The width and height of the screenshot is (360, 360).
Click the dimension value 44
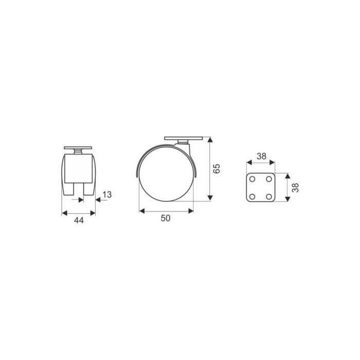79,221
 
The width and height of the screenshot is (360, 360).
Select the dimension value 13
107,195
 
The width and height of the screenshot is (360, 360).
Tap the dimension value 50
166,219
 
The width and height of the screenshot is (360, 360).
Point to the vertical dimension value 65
217,169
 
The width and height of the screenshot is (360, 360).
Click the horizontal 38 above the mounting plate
261,156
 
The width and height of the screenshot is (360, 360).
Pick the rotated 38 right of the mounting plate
295,188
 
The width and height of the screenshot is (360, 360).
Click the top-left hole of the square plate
252,179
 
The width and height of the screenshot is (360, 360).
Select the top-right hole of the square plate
269,179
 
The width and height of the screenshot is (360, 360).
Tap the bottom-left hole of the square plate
252,196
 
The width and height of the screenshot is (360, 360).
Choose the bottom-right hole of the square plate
269,196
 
